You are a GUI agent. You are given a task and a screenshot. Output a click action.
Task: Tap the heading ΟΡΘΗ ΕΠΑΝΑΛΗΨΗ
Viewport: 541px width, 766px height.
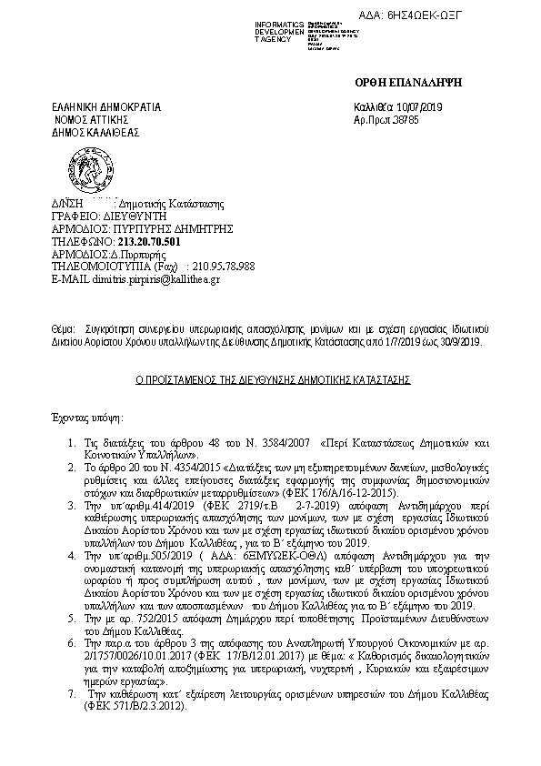pyautogui.click(x=408, y=82)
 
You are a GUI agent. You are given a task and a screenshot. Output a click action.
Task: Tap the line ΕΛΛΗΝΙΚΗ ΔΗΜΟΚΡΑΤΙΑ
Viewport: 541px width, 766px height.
pyautogui.click(x=106, y=106)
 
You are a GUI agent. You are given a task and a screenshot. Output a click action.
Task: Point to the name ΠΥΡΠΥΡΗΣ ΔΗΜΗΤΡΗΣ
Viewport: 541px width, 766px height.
pyautogui.click(x=173, y=230)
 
